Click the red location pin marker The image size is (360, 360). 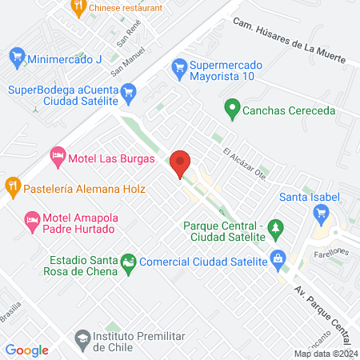point(180,163)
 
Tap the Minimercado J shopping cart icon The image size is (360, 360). point(17,58)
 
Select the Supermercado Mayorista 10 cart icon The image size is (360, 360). point(179,69)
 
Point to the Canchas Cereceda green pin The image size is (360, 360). point(232,107)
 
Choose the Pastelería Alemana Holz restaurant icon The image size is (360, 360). point(13,190)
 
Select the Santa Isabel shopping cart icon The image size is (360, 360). point(322,212)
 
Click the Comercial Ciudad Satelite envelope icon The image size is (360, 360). point(278,258)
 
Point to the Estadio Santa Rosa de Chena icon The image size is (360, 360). point(128,262)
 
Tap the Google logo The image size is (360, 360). point(26,350)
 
